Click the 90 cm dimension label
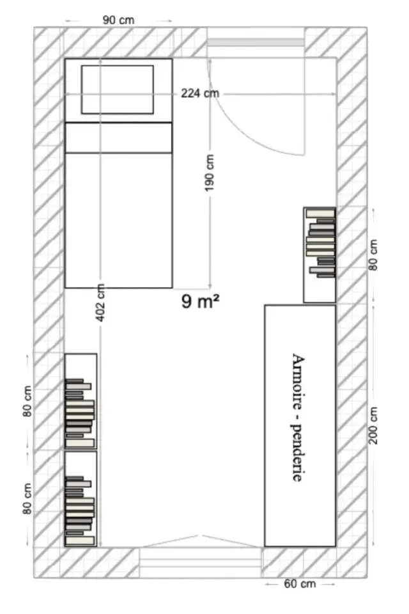tap(118, 20)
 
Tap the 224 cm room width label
tap(199, 93)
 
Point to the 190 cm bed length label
tap(210, 173)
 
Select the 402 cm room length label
tap(100, 303)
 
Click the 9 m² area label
tap(201, 301)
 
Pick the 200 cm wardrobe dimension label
tap(373, 425)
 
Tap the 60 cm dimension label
tap(300, 584)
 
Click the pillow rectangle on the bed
tap(118, 90)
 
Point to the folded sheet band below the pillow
tap(118, 138)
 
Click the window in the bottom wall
tap(201, 562)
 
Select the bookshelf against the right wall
tap(320, 255)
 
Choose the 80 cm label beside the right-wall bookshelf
tap(373, 255)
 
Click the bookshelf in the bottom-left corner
tap(81, 498)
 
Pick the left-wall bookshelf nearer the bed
tap(81, 401)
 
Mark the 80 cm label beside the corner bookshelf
tap(27, 498)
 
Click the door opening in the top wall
tap(256, 42)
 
